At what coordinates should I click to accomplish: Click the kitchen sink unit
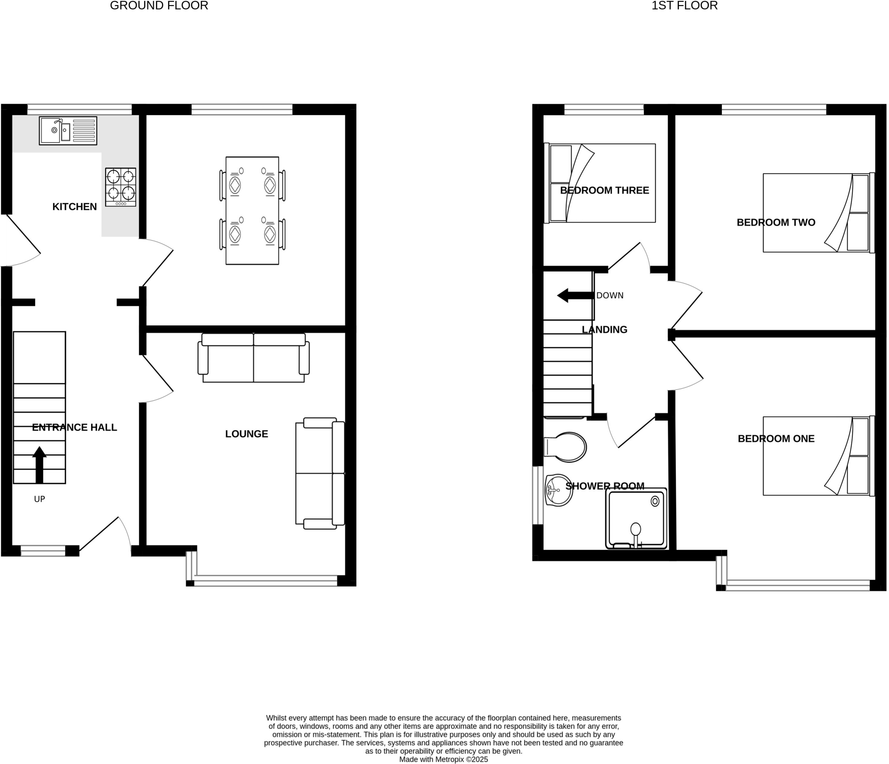click(68, 130)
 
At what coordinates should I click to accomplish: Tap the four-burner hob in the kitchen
click(121, 187)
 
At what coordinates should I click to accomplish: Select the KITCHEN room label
click(74, 207)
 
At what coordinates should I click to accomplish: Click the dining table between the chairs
click(252, 211)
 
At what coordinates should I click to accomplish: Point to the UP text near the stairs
click(40, 499)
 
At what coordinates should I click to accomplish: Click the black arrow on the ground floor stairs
click(40, 464)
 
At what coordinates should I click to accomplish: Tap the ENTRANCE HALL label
click(74, 428)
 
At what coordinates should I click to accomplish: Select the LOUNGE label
click(247, 434)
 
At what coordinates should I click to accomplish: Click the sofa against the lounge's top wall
click(254, 358)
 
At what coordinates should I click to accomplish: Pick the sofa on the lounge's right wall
click(320, 473)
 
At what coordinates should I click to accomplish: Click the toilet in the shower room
click(565, 447)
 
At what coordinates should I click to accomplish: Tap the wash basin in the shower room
click(559, 490)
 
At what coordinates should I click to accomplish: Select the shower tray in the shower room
click(636, 518)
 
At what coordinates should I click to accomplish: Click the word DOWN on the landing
click(610, 296)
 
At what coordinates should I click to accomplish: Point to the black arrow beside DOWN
click(575, 296)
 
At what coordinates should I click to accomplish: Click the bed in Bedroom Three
click(600, 183)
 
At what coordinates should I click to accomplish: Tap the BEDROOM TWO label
click(776, 223)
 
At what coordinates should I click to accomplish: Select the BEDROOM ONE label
click(776, 439)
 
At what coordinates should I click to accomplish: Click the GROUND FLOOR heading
click(159, 6)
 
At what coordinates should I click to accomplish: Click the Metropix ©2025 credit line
click(443, 759)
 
